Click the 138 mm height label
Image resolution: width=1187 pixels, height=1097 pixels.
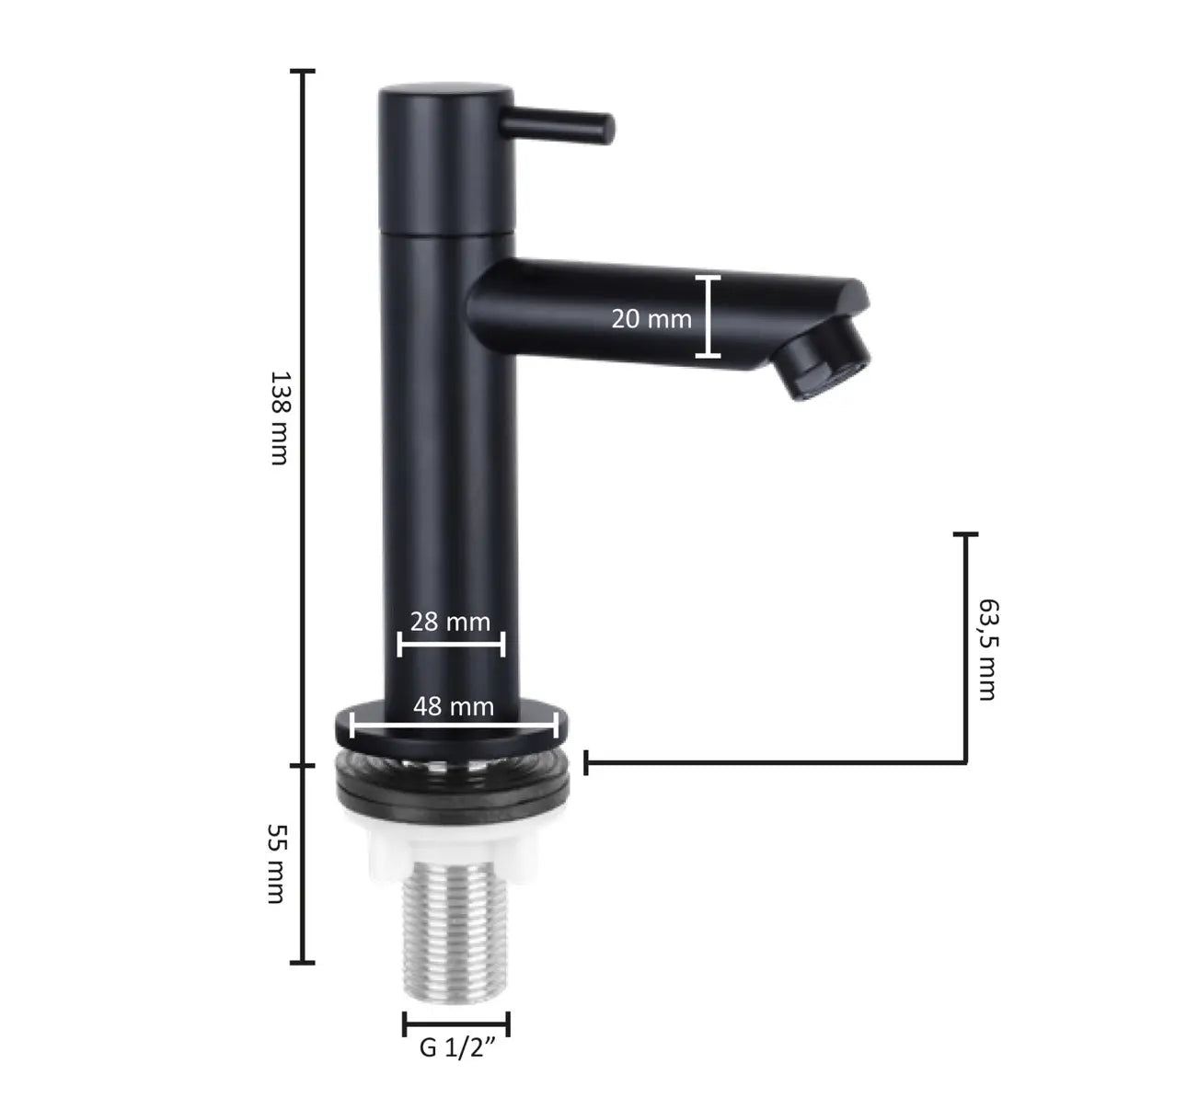point(280,418)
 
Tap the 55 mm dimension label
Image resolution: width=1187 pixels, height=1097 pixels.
point(277,863)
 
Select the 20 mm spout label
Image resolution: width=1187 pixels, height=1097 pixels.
point(651,319)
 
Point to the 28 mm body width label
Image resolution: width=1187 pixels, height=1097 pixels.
point(450,622)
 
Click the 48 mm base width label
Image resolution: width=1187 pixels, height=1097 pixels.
point(453,707)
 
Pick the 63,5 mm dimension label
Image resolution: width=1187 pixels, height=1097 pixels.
point(988,649)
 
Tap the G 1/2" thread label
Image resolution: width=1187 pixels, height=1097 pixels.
point(457,1047)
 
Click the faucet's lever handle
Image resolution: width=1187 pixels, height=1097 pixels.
point(557,125)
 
